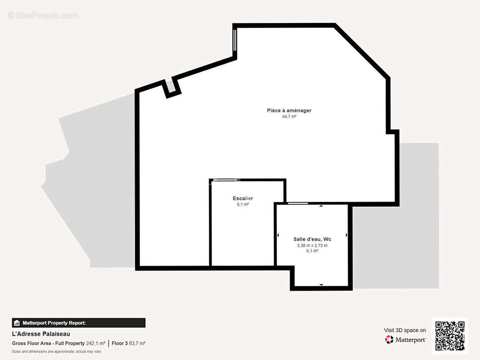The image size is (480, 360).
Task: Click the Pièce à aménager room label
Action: pos(289,110)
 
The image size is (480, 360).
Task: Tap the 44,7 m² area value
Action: pos(289,117)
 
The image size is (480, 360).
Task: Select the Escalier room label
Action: pos(243,198)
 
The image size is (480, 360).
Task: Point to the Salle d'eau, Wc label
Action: pos(312,239)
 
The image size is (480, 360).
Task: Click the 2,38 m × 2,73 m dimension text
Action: pos(312,245)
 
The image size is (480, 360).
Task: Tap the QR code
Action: pos(450,336)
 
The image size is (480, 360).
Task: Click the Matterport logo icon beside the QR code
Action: pos(389,339)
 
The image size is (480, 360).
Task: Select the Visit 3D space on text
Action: pos(405,330)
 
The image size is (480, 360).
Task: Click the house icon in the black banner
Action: pos(17,323)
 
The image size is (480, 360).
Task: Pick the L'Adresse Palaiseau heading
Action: pos(41,334)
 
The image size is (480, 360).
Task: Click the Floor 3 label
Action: pos(120,343)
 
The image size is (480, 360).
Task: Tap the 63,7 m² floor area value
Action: pos(137,343)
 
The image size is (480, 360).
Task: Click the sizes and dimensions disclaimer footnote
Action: pos(57,352)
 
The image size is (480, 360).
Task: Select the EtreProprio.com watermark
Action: pos(43,15)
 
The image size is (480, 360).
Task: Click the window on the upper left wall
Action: pos(235,40)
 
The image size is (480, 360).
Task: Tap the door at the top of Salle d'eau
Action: pos(298,203)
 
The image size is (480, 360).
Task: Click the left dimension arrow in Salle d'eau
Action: pos(278,235)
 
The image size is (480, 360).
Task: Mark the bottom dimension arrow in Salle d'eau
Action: pos(321,285)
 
